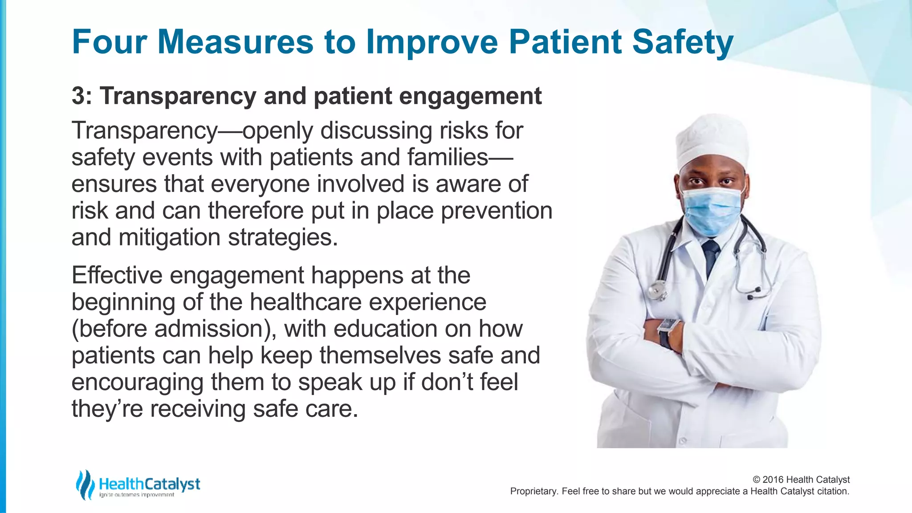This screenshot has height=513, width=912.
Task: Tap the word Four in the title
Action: coord(109,42)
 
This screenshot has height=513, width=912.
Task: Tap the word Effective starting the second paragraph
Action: coord(117,275)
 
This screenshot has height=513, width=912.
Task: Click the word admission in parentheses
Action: coord(209,329)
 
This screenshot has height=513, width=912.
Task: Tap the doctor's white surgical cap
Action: coord(711,140)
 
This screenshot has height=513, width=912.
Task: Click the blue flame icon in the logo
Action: coord(85,484)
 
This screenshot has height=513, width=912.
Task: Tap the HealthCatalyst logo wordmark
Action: coord(149,484)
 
